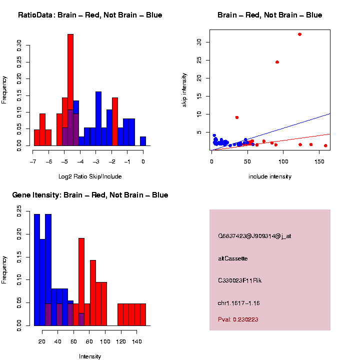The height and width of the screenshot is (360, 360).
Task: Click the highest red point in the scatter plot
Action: pyautogui.click(x=299, y=34)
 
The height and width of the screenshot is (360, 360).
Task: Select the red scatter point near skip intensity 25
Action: pyautogui.click(x=277, y=62)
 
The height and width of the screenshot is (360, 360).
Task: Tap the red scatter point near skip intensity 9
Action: pyautogui.click(x=237, y=117)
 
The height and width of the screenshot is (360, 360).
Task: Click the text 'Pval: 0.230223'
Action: pyautogui.click(x=238, y=319)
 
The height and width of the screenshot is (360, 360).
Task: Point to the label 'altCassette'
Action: pyautogui.click(x=233, y=258)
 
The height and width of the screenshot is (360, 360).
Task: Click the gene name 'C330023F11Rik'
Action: pyautogui.click(x=240, y=280)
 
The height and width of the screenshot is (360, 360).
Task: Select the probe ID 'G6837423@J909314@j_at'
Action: pyautogui.click(x=254, y=236)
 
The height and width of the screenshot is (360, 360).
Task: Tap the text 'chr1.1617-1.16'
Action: pyautogui.click(x=239, y=303)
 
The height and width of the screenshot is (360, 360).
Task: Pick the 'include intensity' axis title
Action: pyautogui.click(x=270, y=176)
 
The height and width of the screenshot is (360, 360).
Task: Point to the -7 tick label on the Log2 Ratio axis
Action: pyautogui.click(x=33, y=161)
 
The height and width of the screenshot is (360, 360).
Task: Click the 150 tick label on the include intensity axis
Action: pyautogui.click(x=319, y=161)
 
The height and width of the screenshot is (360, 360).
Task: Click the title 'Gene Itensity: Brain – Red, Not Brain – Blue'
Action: pyautogui.click(x=90, y=195)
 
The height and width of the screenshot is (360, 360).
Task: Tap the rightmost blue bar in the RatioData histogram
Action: pyautogui.click(x=143, y=141)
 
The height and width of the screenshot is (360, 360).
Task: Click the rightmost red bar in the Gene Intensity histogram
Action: pyautogui.click(x=143, y=314)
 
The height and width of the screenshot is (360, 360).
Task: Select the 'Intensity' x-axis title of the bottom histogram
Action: pyautogui.click(x=90, y=356)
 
